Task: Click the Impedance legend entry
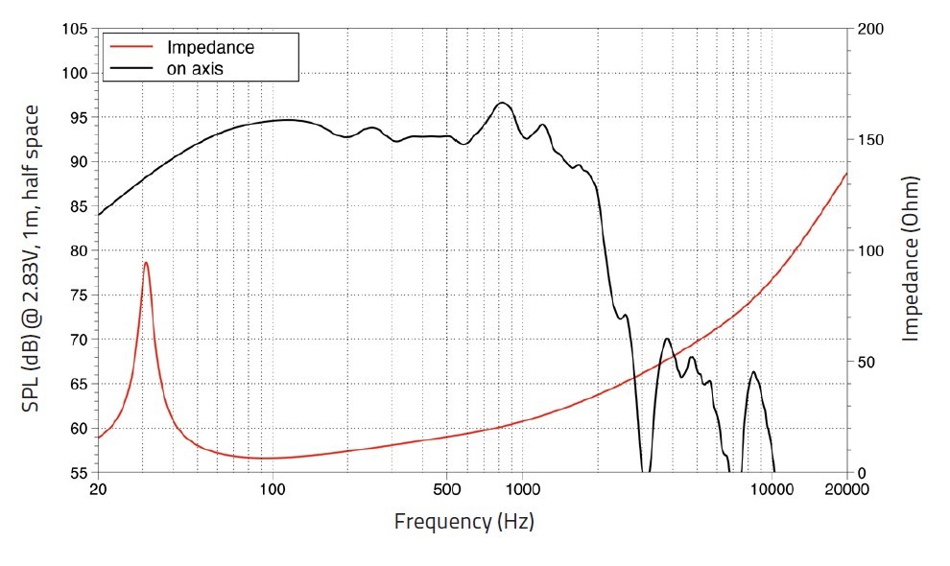coord(210,47)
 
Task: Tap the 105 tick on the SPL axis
coord(73,29)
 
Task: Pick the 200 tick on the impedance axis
coord(869,29)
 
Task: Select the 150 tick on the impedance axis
coord(869,140)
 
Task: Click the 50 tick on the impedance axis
coord(866,363)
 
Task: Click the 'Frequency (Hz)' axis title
coord(463,522)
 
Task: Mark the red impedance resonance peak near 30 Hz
coord(146,262)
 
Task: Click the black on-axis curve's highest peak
coord(502,103)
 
